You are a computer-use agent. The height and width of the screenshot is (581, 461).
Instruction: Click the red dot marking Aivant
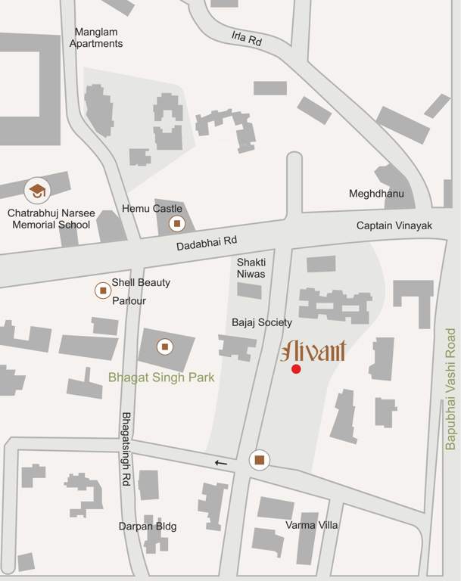pyautogui.click(x=296, y=368)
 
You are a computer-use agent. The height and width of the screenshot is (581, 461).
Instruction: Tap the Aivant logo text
pyautogui.click(x=313, y=351)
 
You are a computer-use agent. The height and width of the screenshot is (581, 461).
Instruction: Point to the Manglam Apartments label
pyautogui.click(x=96, y=38)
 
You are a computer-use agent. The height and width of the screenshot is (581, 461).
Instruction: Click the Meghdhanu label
pyautogui.click(x=376, y=194)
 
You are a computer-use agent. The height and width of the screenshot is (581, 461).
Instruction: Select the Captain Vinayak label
pyautogui.click(x=394, y=226)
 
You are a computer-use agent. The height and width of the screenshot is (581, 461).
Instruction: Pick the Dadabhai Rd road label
pyautogui.click(x=207, y=243)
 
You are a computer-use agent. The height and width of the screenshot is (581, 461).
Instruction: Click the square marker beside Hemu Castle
pyautogui.click(x=176, y=223)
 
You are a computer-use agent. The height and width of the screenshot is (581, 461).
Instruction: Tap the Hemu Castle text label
pyautogui.click(x=152, y=208)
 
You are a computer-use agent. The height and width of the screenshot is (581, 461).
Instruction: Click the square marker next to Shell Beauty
pyautogui.click(x=102, y=290)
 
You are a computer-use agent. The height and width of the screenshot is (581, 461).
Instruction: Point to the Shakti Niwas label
pyautogui.click(x=251, y=267)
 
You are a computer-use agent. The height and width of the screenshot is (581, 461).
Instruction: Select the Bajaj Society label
pyautogui.click(x=262, y=322)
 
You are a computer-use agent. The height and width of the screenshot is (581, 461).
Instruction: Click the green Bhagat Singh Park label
pyautogui.click(x=160, y=377)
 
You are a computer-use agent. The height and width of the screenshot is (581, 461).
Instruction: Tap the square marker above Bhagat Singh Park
pyautogui.click(x=164, y=347)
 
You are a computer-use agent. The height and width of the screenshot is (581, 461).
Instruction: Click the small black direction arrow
pyautogui.click(x=220, y=462)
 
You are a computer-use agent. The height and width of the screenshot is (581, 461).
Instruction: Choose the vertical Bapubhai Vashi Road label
pyautogui.click(x=450, y=389)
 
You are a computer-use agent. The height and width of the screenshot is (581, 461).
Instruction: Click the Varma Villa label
pyautogui.click(x=311, y=524)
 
